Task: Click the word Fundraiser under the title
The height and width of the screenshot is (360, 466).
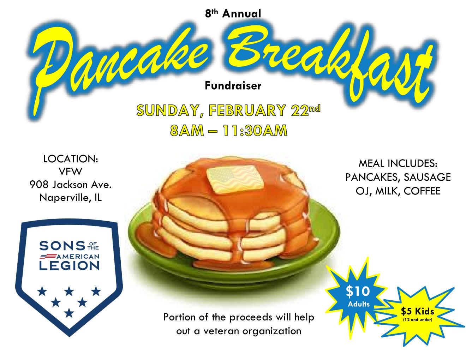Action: pos(233,86)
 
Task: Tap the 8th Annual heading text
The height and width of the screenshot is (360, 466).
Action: pos(233,14)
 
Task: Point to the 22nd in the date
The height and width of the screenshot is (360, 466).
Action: pos(306,110)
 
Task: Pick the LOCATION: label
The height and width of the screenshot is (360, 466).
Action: pos(71,159)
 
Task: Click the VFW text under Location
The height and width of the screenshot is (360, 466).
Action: pos(71,172)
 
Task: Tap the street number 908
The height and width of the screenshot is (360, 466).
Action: pos(39,185)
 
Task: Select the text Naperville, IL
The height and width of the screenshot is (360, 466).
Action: pos(71,198)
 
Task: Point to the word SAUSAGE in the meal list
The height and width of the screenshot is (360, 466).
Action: pos(427,177)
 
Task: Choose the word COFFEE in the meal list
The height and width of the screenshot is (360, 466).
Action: pos(422,191)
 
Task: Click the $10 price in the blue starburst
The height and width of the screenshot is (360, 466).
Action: pos(358,292)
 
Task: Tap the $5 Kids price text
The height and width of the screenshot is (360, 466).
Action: pos(417,311)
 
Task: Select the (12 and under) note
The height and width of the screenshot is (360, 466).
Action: pos(417,320)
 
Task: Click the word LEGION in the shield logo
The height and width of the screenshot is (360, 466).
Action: pos(69,266)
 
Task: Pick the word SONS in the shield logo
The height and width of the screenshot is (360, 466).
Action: pos(62,246)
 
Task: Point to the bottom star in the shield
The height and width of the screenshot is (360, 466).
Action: pos(69,313)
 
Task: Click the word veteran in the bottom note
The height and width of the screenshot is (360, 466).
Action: pos(221,331)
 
